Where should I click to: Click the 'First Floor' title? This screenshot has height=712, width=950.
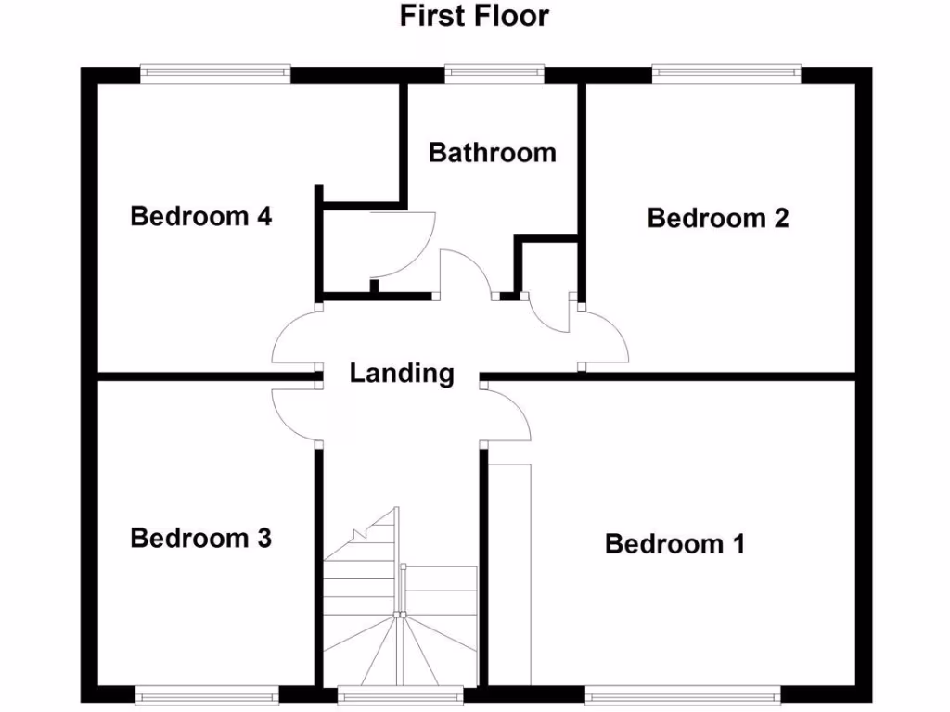coord(474,16)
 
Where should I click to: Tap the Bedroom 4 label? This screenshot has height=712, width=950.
coord(200,217)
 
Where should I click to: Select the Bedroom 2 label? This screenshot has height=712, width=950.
coord(717,219)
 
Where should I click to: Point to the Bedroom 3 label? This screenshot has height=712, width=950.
coord(200,538)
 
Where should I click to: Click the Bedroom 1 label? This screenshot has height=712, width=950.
coord(674,543)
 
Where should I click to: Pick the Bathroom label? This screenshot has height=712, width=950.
coord(492,152)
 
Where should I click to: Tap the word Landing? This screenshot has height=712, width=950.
coord(402,374)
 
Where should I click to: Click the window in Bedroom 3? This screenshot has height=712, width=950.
coord(207,691)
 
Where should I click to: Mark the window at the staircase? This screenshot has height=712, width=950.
coord(400,691)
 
